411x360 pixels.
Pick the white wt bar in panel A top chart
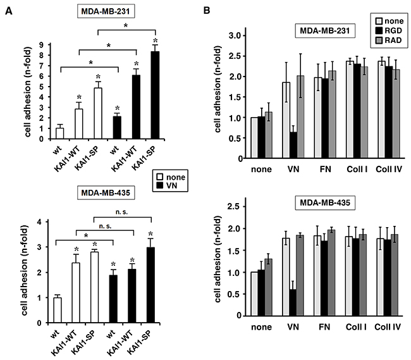click(60, 133)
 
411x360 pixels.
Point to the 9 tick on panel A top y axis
click(48, 45)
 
